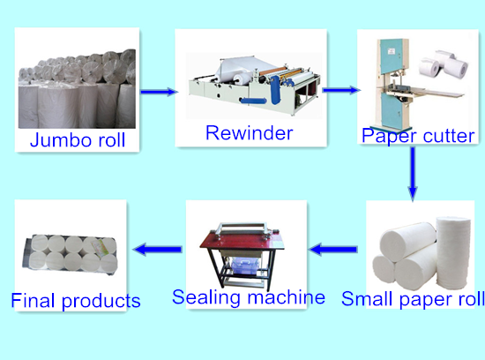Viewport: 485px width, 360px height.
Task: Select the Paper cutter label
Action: coord(418,135)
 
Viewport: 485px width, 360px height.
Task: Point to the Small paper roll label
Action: coord(413,298)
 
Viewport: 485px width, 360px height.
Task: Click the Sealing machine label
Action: coord(249,297)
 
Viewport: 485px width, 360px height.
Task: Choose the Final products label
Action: coord(76,300)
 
